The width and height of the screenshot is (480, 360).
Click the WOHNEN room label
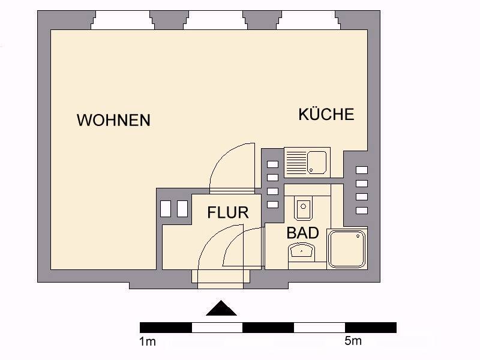click(113, 120)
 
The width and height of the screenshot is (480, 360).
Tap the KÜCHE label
click(326, 115)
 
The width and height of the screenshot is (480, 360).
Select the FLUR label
click(228, 212)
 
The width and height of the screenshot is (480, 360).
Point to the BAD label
click(302, 233)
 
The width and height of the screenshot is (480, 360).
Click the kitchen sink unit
click(307, 163)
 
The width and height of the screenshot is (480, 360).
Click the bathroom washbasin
click(304, 251)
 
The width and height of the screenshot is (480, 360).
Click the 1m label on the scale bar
click(148, 342)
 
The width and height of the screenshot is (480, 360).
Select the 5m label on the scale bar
click(353, 341)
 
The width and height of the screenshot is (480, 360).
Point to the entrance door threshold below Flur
click(221, 277)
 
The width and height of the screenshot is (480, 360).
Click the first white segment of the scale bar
click(217, 327)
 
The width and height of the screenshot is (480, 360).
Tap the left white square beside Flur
click(166, 208)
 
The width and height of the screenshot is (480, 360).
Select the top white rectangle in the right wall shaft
click(362, 170)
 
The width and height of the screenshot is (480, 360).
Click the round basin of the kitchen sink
click(317, 161)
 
